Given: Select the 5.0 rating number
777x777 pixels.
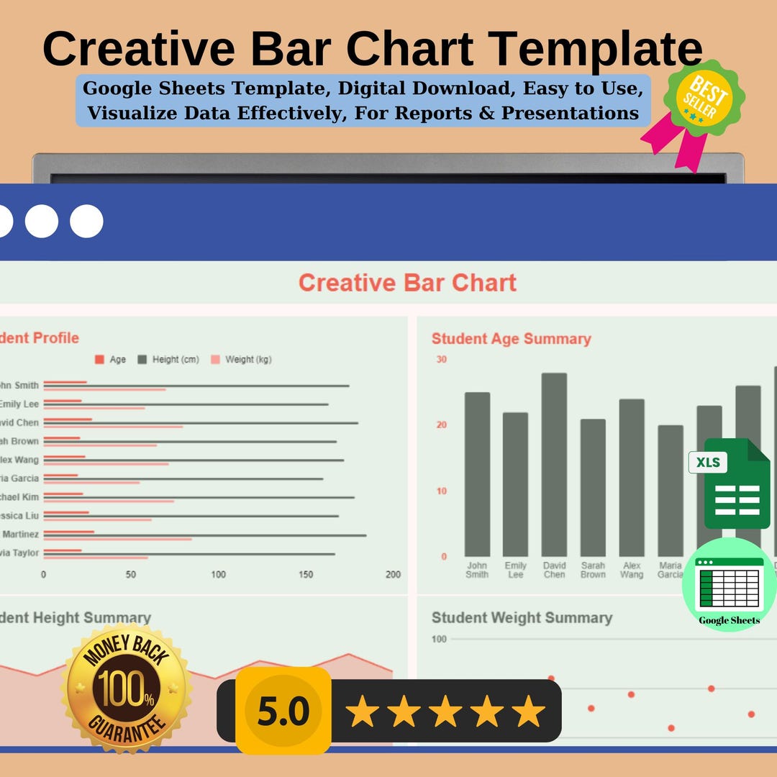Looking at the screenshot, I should (283, 711).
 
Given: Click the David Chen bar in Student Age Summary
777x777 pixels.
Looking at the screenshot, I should (554, 464).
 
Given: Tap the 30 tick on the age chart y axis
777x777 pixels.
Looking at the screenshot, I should (441, 360).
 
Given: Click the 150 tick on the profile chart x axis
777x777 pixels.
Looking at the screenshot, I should (306, 575).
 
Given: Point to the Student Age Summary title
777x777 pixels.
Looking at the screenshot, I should (511, 339).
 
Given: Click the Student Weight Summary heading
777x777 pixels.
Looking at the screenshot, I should (522, 618).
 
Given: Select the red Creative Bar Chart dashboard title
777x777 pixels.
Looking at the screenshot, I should (407, 283).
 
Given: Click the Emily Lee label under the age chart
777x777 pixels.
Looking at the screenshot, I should (515, 570).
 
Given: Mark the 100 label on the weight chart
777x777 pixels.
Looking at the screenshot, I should (439, 639).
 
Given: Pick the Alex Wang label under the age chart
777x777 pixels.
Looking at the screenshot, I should (632, 570).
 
